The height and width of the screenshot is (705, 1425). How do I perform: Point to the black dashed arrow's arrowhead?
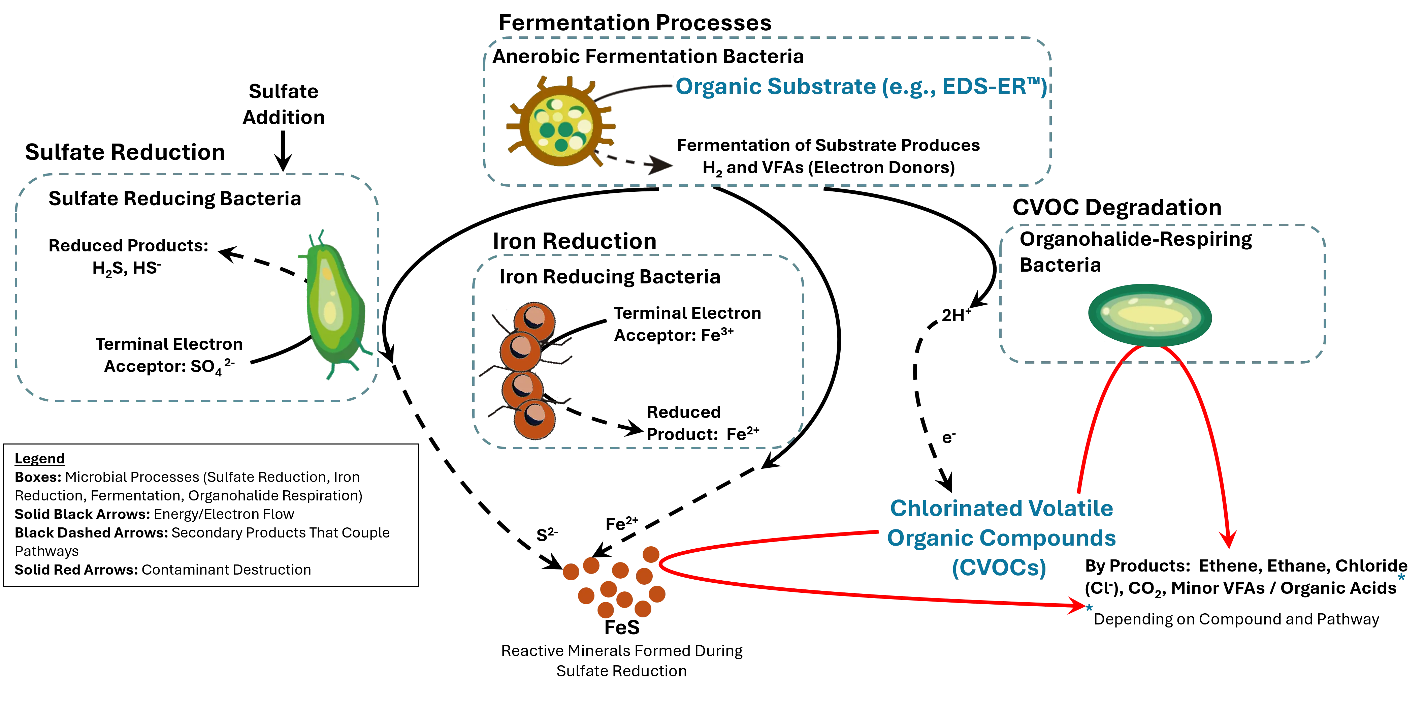point(661,165)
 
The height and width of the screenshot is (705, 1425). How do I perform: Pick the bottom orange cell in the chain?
point(535,419)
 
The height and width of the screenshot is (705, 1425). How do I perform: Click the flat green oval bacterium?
point(1149,315)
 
